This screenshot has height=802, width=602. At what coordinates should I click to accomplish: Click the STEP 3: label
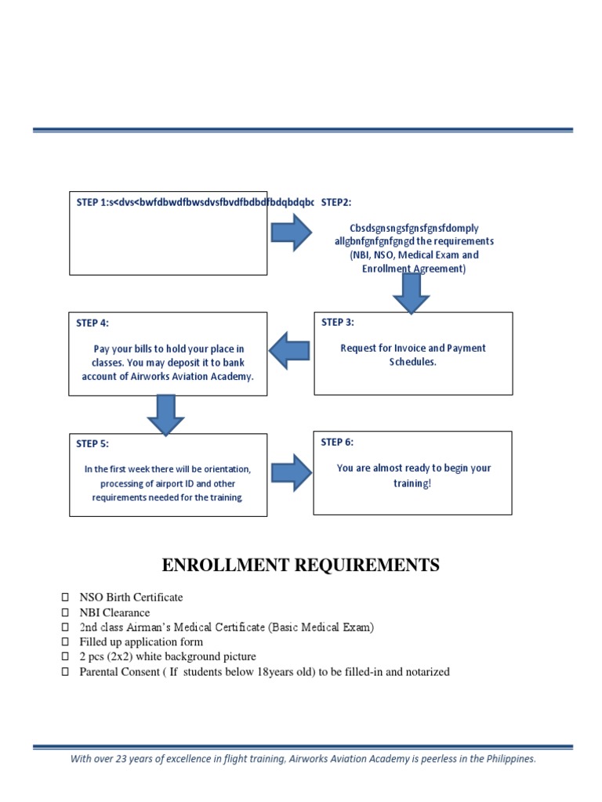pos(338,322)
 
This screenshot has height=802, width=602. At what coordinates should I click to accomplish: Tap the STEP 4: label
pos(93,323)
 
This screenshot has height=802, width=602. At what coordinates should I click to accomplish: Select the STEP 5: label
pos(92,443)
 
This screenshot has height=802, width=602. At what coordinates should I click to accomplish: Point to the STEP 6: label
pos(337,442)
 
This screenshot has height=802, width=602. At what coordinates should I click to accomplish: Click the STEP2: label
pos(336,202)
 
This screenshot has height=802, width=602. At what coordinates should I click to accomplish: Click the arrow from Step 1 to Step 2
pos(292,233)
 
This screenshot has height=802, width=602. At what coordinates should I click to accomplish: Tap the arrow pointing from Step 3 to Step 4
pos(289,349)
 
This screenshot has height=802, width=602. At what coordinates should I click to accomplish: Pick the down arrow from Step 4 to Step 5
pos(165,414)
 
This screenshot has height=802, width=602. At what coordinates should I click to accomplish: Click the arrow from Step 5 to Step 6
pos(292,471)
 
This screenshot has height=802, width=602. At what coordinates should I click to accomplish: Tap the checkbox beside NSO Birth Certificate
pos(65,598)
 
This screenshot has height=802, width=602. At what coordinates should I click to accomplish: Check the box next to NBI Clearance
pos(65,612)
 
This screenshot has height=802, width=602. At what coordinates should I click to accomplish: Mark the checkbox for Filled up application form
pos(65,642)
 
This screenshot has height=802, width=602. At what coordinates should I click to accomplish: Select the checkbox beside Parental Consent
pos(65,672)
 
